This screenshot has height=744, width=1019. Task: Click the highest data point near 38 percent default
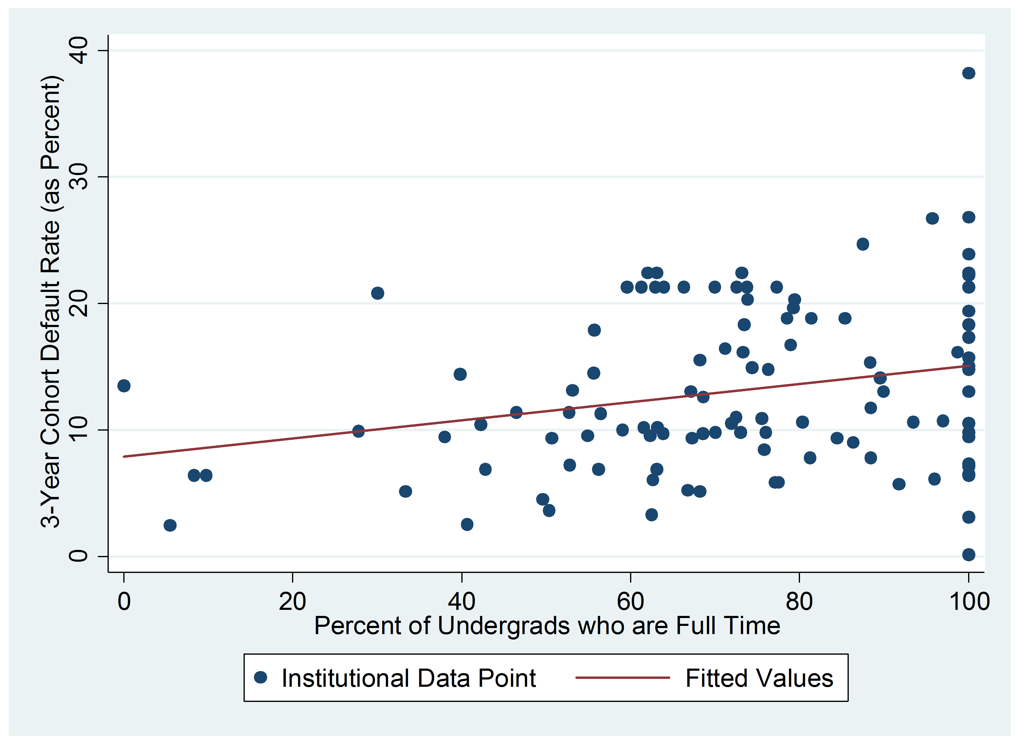click(x=968, y=73)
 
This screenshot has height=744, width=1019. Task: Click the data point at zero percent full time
click(x=124, y=385)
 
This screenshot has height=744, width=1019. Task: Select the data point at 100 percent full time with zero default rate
click(x=968, y=555)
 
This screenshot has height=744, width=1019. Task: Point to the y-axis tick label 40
click(x=78, y=51)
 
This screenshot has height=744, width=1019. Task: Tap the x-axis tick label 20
click(x=292, y=602)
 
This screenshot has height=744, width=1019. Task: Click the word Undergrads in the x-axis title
click(x=504, y=626)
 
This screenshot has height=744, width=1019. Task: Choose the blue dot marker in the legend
click(x=261, y=677)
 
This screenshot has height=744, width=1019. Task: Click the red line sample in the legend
click(x=622, y=677)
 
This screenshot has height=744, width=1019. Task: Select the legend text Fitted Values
click(x=759, y=678)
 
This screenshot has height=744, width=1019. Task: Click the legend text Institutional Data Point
click(x=409, y=678)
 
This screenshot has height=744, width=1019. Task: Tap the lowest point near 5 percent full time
click(x=170, y=525)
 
